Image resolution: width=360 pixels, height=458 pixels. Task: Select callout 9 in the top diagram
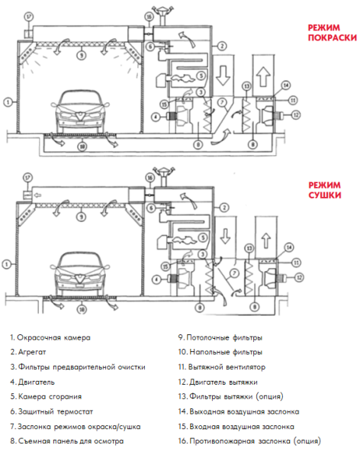pos(82,54)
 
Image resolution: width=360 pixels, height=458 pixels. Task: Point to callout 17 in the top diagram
pos(29,16)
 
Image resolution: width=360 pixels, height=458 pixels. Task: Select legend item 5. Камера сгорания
pos(51,396)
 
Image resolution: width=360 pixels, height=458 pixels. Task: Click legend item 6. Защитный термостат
pos(53,411)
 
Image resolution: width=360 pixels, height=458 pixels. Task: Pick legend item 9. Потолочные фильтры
pos(220,337)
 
